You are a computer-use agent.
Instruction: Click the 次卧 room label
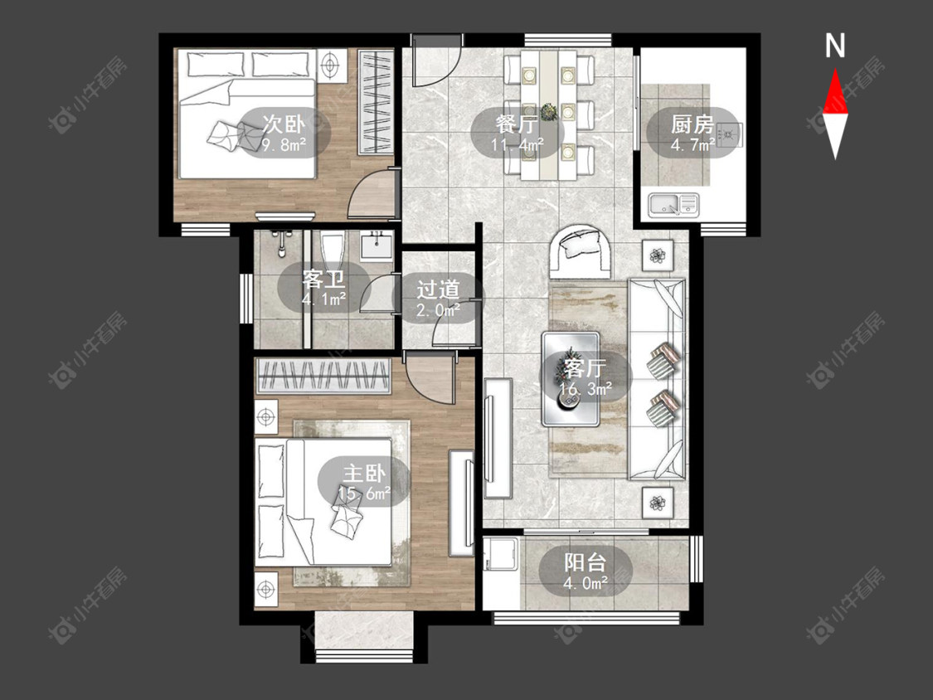[284, 124]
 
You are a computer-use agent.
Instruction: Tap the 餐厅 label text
[517, 124]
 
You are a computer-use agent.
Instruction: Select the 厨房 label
[692, 124]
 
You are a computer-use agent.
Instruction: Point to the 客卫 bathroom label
[323, 279]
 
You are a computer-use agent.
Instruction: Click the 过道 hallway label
[438, 289]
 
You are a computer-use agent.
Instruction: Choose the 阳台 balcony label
[585, 561]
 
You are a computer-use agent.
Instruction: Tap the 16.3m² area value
[586, 389]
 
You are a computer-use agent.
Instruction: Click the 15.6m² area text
[364, 493]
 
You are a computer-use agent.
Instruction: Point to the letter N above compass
[835, 46]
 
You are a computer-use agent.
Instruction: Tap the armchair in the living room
[581, 250]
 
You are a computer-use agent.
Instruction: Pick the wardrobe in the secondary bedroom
[376, 102]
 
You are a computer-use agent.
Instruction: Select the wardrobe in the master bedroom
[323, 376]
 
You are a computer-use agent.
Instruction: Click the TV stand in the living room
[498, 438]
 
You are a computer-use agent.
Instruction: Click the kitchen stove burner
[730, 134]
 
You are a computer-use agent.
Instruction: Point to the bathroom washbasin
[376, 245]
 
